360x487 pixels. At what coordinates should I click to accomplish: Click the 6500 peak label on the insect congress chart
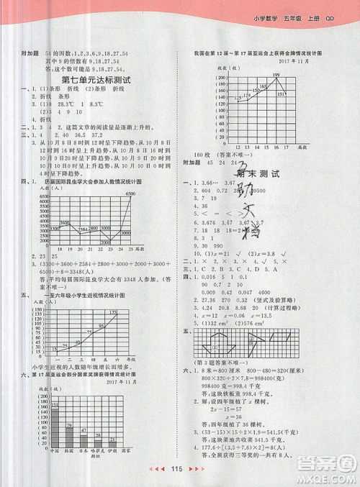[x=130, y=195]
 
